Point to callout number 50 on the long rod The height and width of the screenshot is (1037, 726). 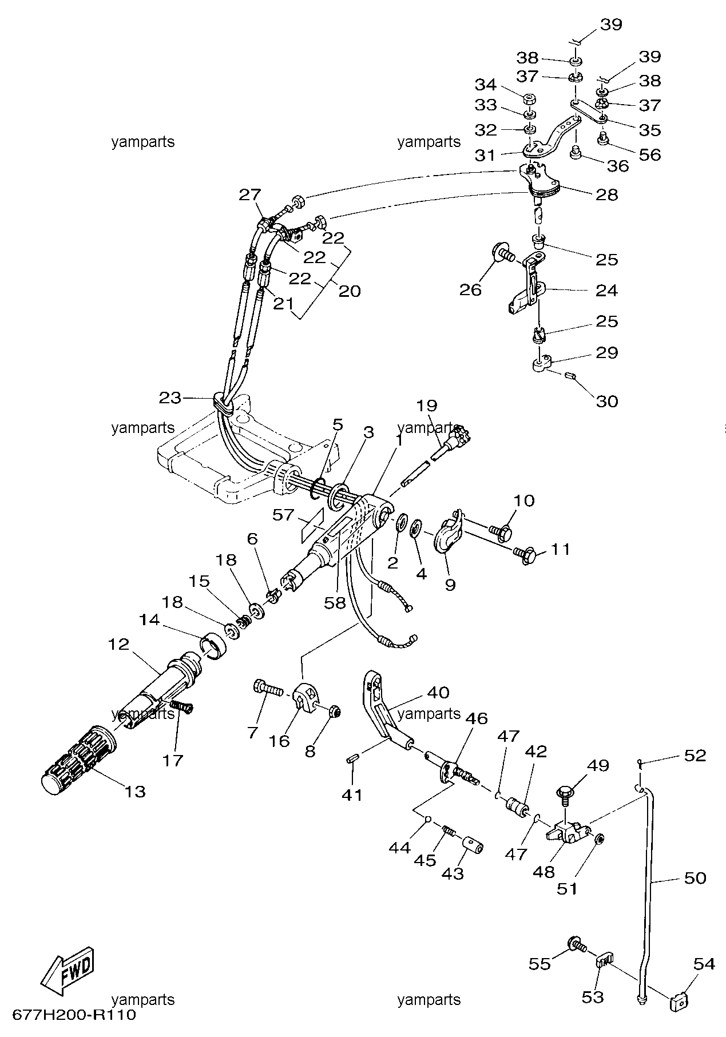(695, 877)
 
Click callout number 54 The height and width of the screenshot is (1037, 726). (704, 964)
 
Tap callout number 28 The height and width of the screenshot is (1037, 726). (606, 194)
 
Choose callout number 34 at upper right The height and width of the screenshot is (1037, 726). (486, 85)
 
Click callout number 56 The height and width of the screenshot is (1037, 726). (650, 154)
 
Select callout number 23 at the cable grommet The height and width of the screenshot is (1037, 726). (170, 397)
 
